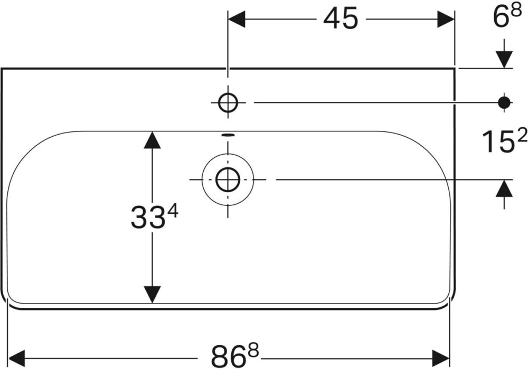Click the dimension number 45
[x=341, y=20]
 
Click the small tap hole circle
[x=228, y=103]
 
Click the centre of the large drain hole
[x=228, y=180]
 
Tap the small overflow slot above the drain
[x=228, y=135]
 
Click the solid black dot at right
[x=505, y=102]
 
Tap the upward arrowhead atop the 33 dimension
[x=152, y=140]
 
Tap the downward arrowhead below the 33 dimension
[x=152, y=294]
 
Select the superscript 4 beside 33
[x=173, y=212]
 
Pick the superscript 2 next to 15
[x=521, y=137]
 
